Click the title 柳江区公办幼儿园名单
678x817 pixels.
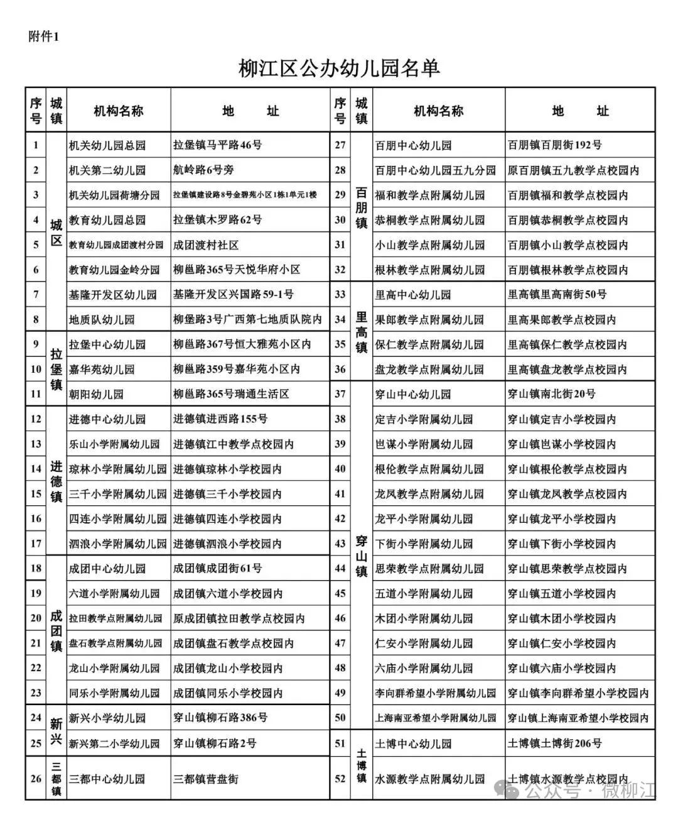click(339, 68)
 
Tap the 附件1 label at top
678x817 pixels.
click(43, 36)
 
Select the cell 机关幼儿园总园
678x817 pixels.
click(107, 145)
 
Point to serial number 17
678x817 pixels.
click(36, 543)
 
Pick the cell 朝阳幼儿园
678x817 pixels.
click(97, 395)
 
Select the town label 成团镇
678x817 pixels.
click(56, 630)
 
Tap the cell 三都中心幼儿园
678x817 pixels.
click(107, 779)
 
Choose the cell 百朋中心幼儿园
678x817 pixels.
click(413, 145)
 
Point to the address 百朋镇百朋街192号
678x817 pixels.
click(554, 145)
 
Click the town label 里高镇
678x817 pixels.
click(362, 332)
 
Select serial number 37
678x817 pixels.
click(340, 394)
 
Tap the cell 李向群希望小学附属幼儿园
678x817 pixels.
click(435, 693)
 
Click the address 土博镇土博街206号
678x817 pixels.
click(554, 743)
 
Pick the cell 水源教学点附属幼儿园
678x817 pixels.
click(429, 779)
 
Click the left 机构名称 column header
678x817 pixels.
click(118, 111)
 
